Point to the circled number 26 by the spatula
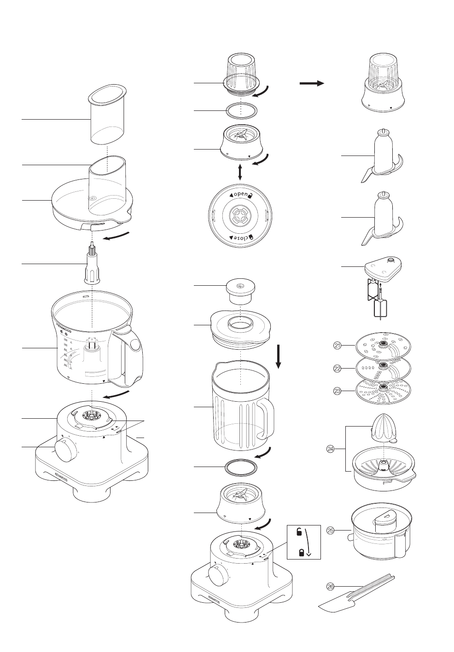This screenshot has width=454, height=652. click(330, 586)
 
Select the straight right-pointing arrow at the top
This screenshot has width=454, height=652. click(312, 83)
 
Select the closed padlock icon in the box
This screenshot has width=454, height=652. click(302, 552)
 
